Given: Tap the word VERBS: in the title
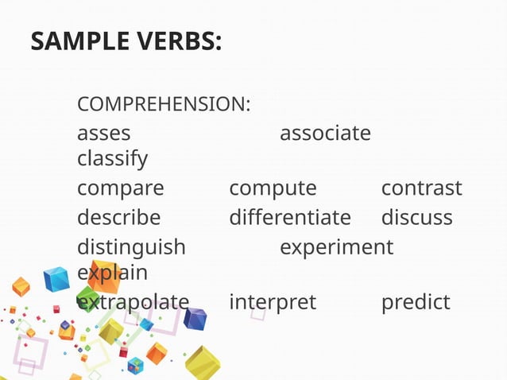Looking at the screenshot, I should point(177,41).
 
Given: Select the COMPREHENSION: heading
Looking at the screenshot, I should point(164,104).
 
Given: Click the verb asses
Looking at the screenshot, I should point(103,133).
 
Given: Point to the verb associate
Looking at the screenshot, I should point(325,133).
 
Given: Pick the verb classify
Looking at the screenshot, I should point(112,159).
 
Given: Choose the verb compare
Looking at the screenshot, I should point(120,189).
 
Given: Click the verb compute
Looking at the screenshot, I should point(273,189).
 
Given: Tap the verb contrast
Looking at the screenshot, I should point(421,189).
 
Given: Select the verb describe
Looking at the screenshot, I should point(118,217).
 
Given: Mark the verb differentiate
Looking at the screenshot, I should point(289,217).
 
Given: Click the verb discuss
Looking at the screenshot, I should point(416,217).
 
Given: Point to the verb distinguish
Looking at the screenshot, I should point(131,246).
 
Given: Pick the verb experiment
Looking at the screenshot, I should point(336,246).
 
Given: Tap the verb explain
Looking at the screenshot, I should point(112,273).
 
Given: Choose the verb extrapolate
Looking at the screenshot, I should point(133,302).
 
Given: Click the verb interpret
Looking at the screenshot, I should point(273,302).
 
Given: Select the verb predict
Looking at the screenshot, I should point(416,302).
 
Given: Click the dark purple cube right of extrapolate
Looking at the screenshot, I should point(195,319).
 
